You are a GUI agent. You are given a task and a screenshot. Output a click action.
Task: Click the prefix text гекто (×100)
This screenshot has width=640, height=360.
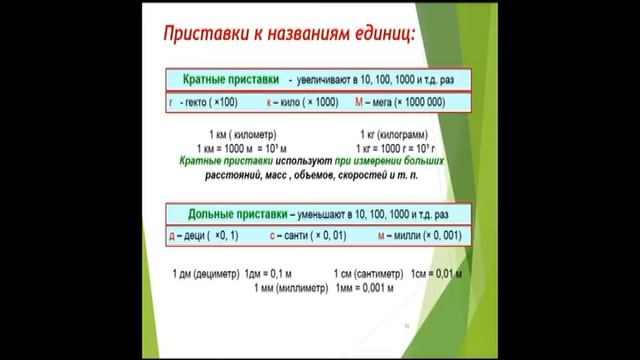(x=204, y=103)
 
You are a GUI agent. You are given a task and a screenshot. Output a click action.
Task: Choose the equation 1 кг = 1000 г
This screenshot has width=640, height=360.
(x=389, y=147)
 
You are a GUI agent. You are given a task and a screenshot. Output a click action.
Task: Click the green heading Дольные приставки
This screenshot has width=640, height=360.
(x=233, y=214)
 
